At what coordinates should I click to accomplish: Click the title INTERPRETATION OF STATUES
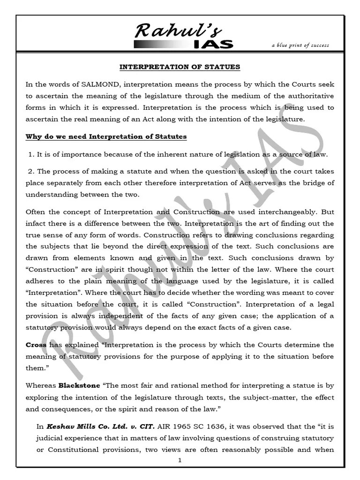[180, 67]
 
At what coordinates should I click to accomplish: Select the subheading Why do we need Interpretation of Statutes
[106, 136]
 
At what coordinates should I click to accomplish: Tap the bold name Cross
[36, 345]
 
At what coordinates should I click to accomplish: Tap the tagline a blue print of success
[300, 45]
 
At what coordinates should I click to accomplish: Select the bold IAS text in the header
[213, 45]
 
